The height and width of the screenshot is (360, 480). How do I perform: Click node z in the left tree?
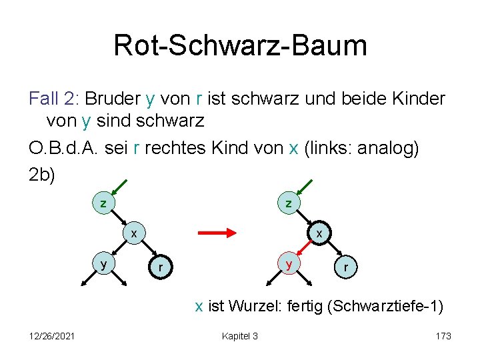[x=103, y=202]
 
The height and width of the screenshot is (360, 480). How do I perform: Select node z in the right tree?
[x=289, y=202]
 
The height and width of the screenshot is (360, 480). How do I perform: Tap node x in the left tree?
[x=133, y=233]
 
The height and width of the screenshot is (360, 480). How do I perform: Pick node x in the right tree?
[x=319, y=233]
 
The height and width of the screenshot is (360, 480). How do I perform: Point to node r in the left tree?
[x=159, y=268]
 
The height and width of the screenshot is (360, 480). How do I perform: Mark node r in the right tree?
[x=345, y=268]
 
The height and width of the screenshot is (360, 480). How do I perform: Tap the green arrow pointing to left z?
[x=121, y=186]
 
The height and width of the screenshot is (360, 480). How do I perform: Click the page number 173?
[x=443, y=336]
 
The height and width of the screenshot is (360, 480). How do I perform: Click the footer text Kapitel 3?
[x=239, y=336]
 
